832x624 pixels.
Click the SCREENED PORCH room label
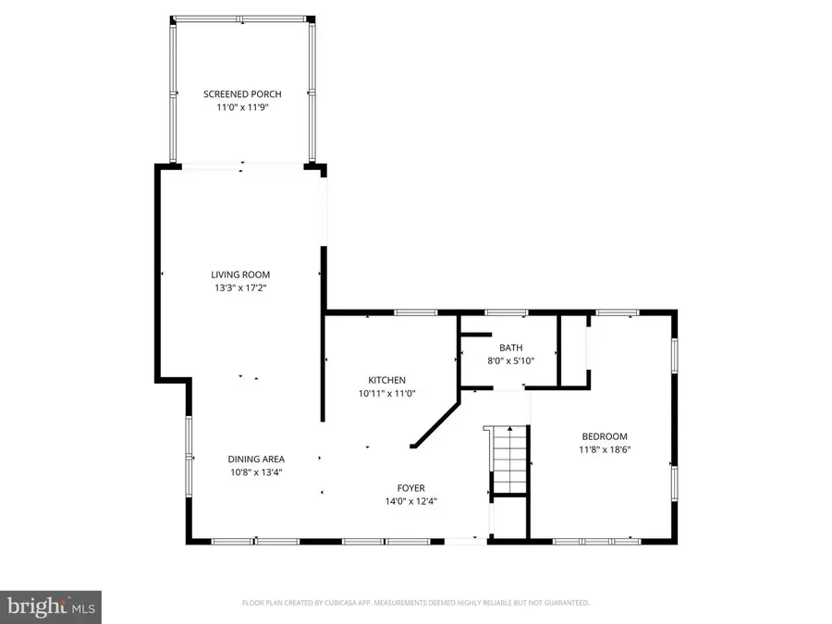[242, 94]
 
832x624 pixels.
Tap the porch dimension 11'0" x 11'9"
[242, 107]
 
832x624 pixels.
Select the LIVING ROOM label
[240, 275]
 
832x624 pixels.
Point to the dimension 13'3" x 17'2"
[240, 288]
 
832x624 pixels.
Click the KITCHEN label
[386, 380]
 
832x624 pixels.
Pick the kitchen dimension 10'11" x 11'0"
[386, 393]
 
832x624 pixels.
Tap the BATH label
[511, 348]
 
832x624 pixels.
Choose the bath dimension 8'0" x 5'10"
[511, 361]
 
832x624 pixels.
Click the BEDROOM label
[605, 436]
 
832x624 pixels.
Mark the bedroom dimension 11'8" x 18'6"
[605, 449]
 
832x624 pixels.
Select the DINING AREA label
[256, 459]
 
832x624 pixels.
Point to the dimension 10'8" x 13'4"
[256, 471]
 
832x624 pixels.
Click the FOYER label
[410, 488]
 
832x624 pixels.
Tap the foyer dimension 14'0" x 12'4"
[410, 501]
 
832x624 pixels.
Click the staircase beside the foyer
[508, 459]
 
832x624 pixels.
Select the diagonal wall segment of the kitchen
[435, 422]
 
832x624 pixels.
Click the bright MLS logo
[51, 606]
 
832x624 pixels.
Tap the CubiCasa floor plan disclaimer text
[415, 603]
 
